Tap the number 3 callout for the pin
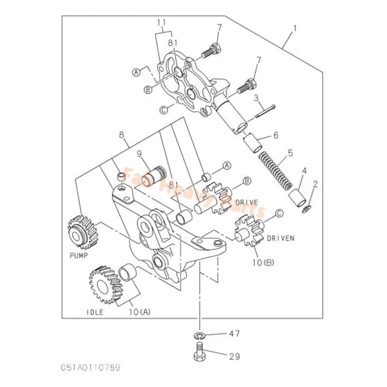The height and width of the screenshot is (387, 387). coord(256,97)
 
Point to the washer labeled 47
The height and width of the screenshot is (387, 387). coord(200,333)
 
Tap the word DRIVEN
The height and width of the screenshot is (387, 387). coord(280,239)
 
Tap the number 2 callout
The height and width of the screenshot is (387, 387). coord(315,183)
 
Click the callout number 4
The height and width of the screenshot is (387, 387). coord(304,171)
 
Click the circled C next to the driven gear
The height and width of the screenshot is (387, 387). coord(279,213)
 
